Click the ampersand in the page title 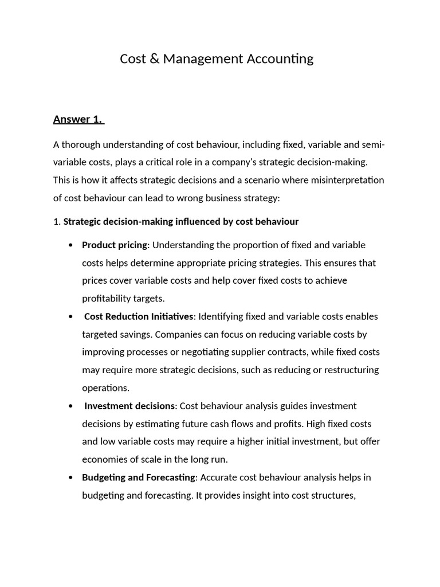tap(153, 58)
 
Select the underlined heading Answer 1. tap(78, 119)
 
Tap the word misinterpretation tap(347, 180)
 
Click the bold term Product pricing tap(115, 245)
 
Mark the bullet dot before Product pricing tap(70, 245)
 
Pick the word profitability tap(107, 298)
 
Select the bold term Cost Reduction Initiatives tap(139, 316)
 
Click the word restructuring tap(351, 370)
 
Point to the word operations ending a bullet tap(105, 388)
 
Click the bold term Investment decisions tap(129, 406)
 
